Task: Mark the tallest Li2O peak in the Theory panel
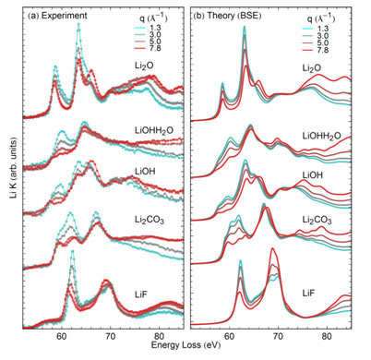244,28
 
